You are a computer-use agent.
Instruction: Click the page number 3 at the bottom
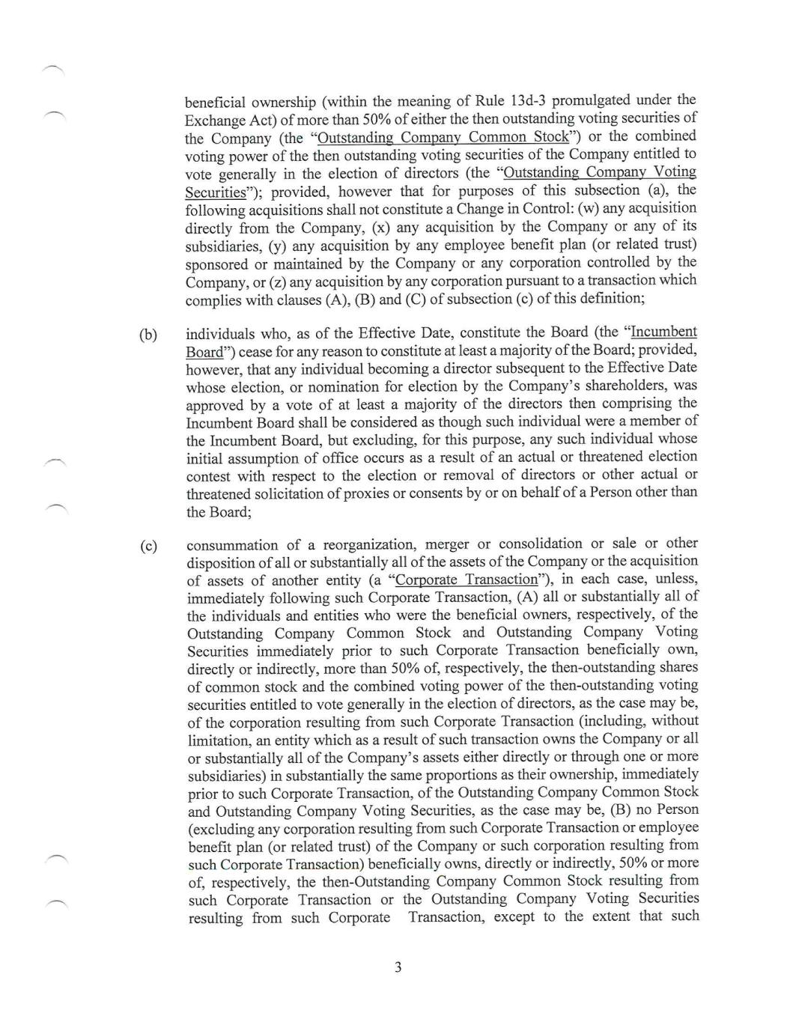point(398,967)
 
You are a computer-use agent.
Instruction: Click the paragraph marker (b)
point(148,334)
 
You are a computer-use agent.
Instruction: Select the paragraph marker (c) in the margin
point(148,546)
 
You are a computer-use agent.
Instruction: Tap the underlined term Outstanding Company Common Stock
point(443,137)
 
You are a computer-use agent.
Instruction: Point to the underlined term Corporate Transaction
point(467,580)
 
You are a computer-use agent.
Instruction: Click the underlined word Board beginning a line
point(204,352)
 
